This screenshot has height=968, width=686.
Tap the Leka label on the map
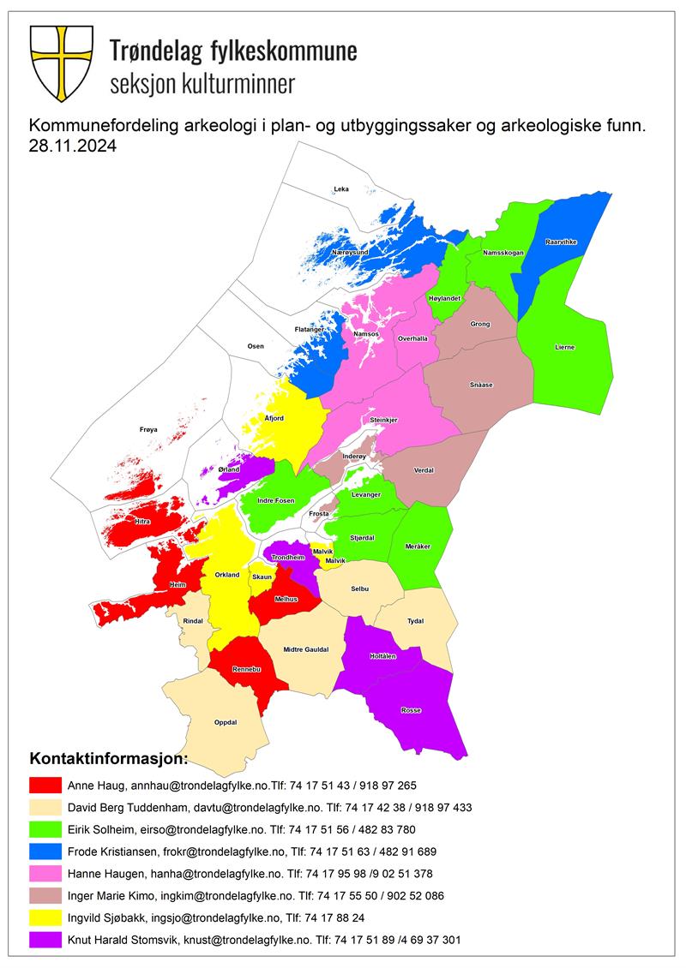point(341,189)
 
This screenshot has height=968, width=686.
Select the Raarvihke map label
point(562,242)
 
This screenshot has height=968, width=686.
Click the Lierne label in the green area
point(564,347)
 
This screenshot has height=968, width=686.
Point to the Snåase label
point(481,385)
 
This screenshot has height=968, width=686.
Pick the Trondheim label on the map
point(287,558)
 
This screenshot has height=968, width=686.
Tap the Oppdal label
point(225,722)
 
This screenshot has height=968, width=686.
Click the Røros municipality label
point(412,710)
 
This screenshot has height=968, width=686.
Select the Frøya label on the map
point(148,429)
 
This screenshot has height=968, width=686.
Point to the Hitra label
point(142,521)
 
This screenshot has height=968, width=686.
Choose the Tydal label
point(415,622)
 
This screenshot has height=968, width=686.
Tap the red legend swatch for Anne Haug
point(45,785)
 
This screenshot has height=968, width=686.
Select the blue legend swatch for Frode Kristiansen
point(45,851)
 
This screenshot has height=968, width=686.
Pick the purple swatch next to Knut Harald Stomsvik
point(45,940)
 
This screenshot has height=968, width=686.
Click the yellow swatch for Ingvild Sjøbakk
point(45,917)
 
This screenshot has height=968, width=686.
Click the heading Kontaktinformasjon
point(107,759)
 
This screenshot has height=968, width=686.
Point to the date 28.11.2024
point(72,146)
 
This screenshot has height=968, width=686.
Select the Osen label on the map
point(256,346)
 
